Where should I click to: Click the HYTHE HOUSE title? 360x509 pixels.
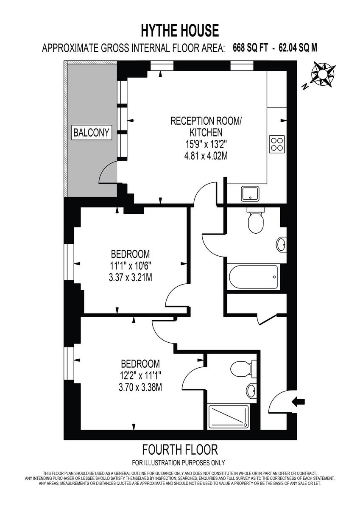180,31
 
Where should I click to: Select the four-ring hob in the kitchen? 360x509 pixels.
277,144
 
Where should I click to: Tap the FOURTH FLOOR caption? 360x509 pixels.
180,449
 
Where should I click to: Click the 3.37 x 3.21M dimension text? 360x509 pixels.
130,278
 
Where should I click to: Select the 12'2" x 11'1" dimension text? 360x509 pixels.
140,375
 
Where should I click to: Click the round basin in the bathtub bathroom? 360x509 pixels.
281,245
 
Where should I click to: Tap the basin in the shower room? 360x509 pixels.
251,390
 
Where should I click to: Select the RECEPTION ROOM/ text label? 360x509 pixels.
206,121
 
